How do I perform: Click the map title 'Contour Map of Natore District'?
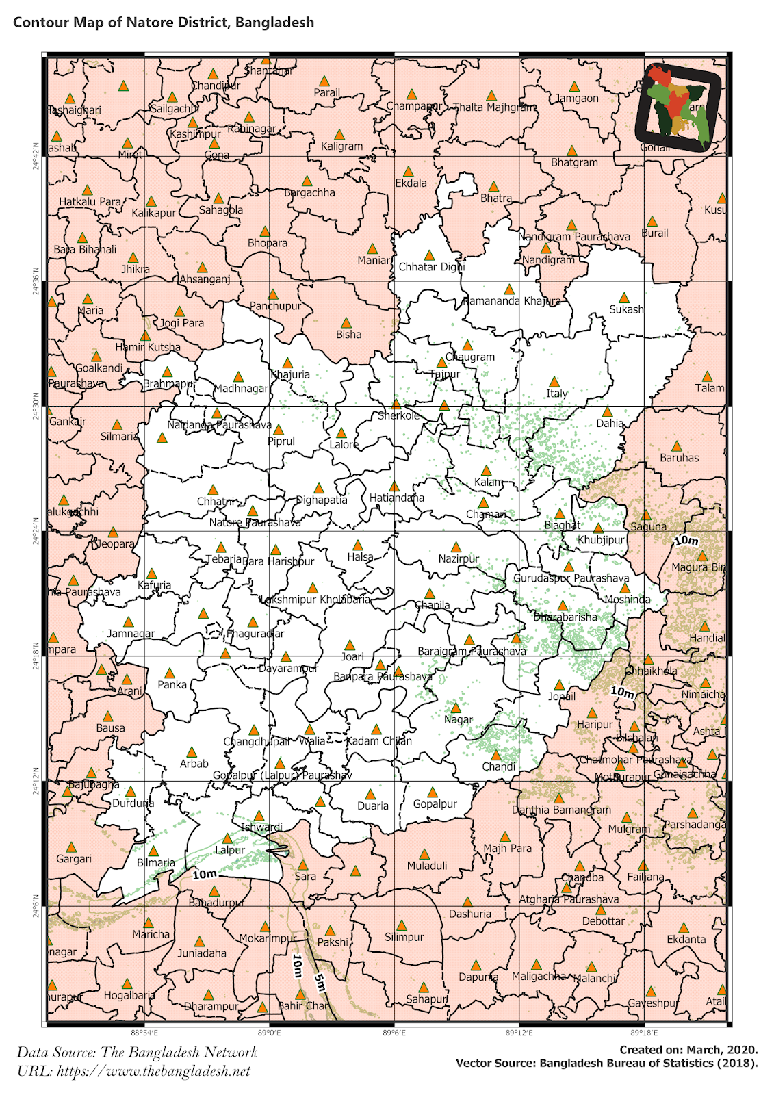click(164, 22)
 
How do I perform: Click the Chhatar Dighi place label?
click(431, 267)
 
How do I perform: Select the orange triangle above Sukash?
click(623, 298)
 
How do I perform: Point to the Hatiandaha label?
click(396, 498)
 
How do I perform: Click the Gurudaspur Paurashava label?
click(571, 578)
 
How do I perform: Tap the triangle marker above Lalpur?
click(227, 838)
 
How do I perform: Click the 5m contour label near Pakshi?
click(320, 983)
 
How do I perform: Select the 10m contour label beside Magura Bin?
click(686, 541)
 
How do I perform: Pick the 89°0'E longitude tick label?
click(269, 1033)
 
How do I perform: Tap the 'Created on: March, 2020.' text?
click(688, 1050)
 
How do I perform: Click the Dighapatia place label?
click(322, 500)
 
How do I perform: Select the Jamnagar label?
click(131, 634)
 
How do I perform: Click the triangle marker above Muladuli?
click(424, 854)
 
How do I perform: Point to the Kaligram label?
click(341, 146)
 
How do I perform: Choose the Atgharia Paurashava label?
click(568, 899)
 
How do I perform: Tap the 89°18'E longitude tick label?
click(643, 1033)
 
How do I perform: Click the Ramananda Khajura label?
click(512, 301)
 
